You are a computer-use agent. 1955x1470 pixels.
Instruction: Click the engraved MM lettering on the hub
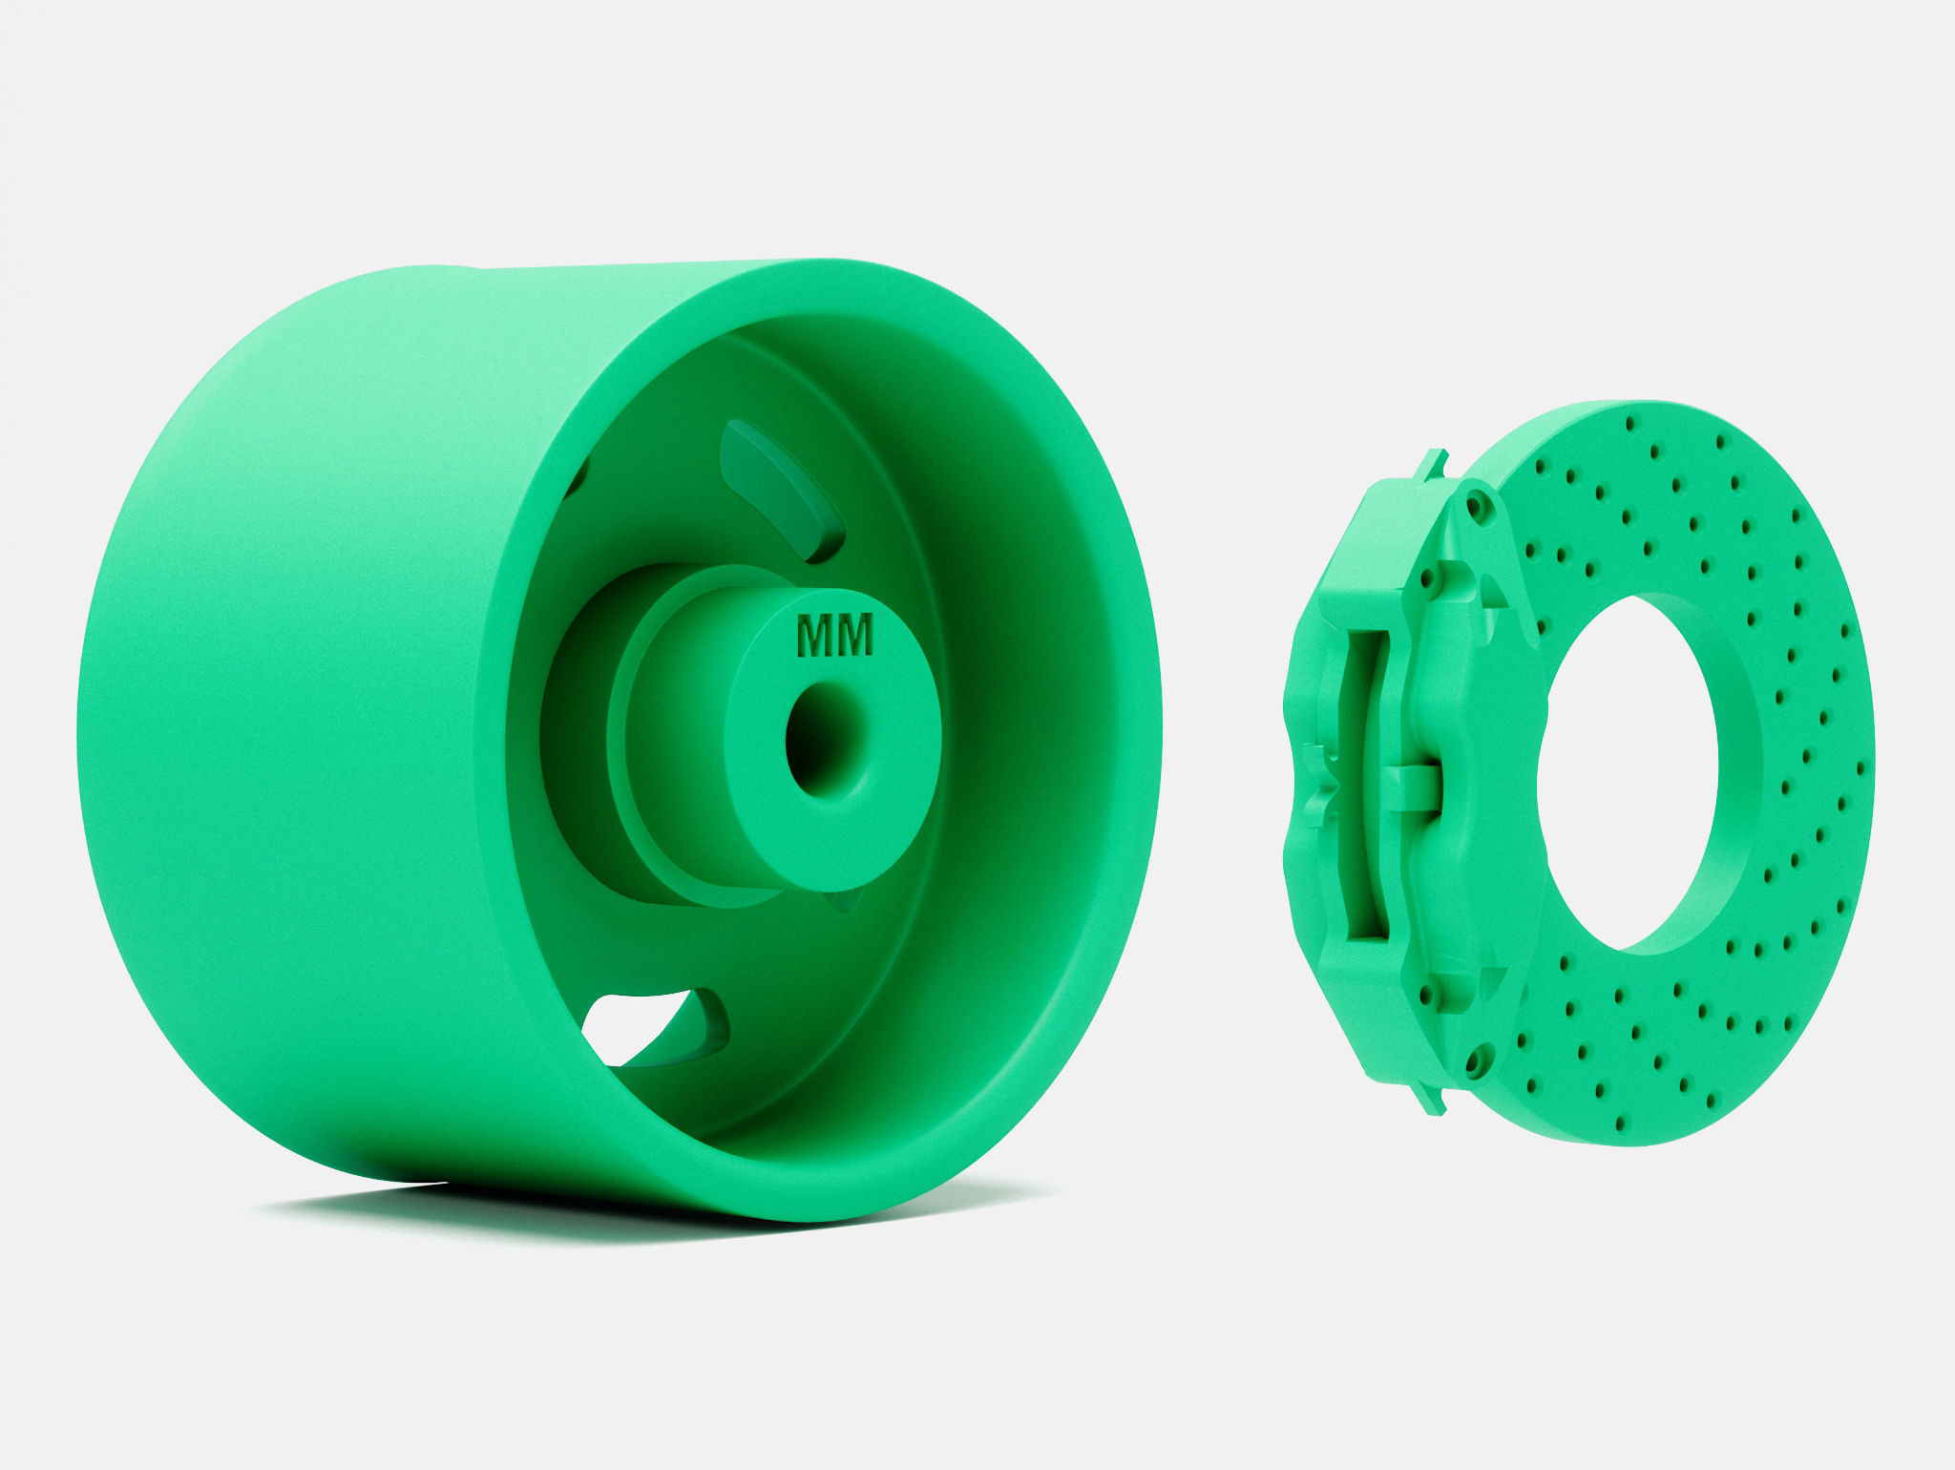[x=833, y=636]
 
